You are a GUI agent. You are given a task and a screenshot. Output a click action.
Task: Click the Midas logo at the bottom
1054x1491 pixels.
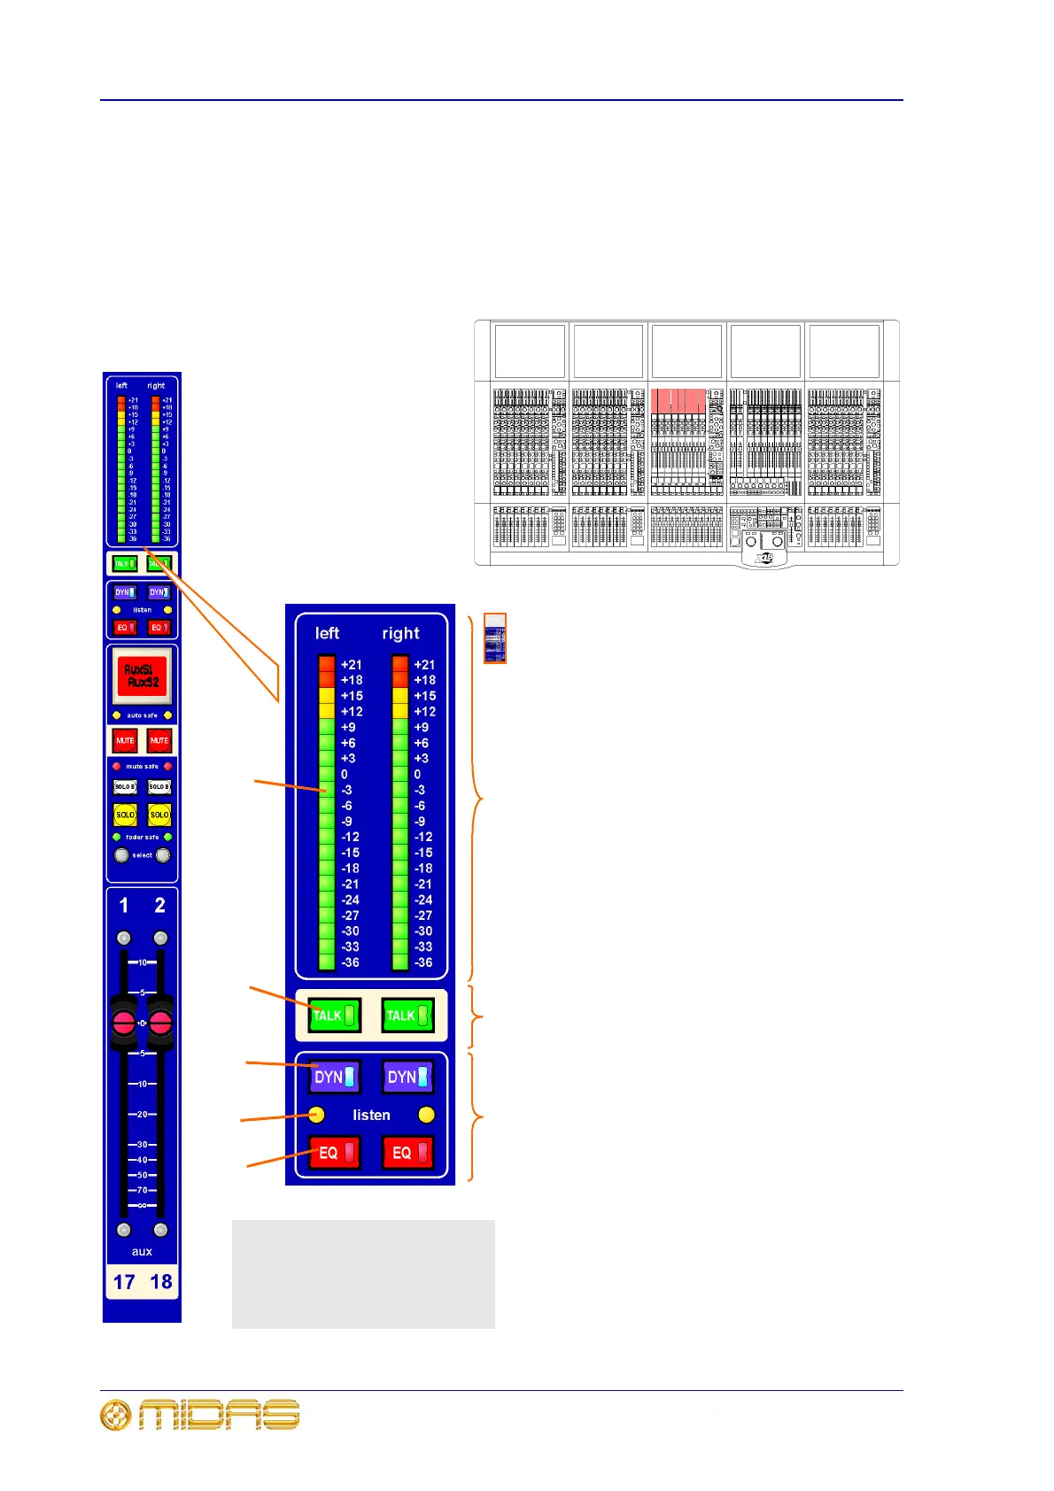coord(200,1415)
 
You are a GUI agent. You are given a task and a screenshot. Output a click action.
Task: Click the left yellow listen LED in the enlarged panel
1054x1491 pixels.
coord(316,1115)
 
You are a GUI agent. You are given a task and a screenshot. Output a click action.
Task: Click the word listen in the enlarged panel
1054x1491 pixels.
coord(371,1116)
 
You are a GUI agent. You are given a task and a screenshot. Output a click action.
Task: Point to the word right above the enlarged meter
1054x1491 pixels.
coord(400,633)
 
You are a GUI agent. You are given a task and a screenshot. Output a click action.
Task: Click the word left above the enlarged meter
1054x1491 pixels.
coord(327,633)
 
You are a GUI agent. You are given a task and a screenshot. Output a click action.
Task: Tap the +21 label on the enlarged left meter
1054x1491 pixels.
coord(352,665)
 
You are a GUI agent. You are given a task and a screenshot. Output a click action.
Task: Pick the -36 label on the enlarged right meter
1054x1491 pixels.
coord(423,962)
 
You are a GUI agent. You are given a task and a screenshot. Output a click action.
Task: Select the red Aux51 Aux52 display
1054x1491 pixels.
coord(142,676)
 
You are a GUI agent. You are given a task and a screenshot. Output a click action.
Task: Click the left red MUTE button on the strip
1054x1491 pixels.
coord(125,740)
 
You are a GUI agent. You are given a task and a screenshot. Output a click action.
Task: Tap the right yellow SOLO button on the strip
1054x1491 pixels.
coord(159,815)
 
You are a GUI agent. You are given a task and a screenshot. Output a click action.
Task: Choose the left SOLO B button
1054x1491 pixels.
coord(125,786)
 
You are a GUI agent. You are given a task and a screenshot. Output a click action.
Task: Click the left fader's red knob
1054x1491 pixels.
coord(124,1024)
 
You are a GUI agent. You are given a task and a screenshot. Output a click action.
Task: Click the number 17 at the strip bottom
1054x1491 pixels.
coord(124,1282)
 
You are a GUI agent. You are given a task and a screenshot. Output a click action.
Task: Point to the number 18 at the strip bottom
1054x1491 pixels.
coord(160,1282)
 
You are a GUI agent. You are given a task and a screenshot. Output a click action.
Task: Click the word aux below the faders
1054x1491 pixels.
coord(142,1251)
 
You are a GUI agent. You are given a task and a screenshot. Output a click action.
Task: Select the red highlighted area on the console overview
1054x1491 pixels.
coord(678,400)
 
